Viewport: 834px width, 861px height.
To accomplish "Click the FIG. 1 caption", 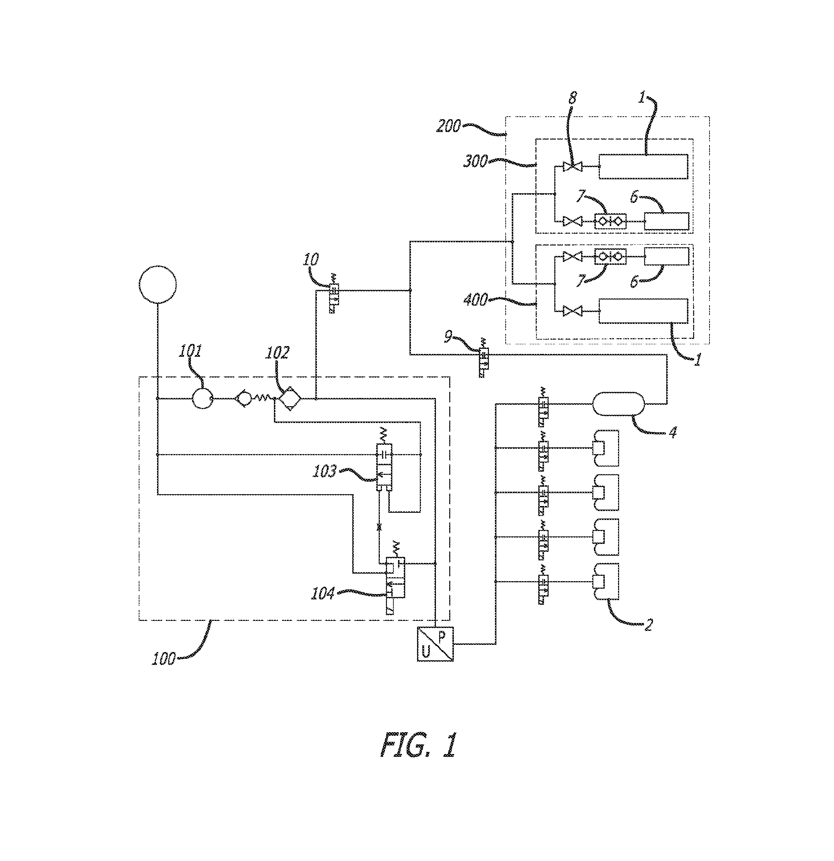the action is pyautogui.click(x=418, y=745).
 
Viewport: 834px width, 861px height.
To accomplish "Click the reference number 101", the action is pyautogui.click(x=190, y=351).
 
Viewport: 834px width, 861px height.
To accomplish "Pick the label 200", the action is pyautogui.click(x=448, y=126).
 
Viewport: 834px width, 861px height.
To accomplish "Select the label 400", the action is pyautogui.click(x=475, y=300).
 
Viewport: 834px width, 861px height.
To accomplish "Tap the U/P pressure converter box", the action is pyautogui.click(x=435, y=644).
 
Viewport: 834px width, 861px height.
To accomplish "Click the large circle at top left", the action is pyautogui.click(x=157, y=284).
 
